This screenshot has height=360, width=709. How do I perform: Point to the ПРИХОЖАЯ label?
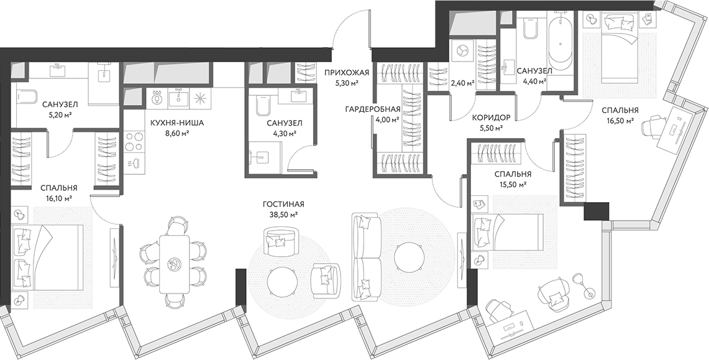[x=347, y=73]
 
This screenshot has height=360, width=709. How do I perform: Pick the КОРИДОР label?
[x=491, y=117]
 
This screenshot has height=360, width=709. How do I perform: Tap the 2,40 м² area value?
[x=462, y=82]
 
